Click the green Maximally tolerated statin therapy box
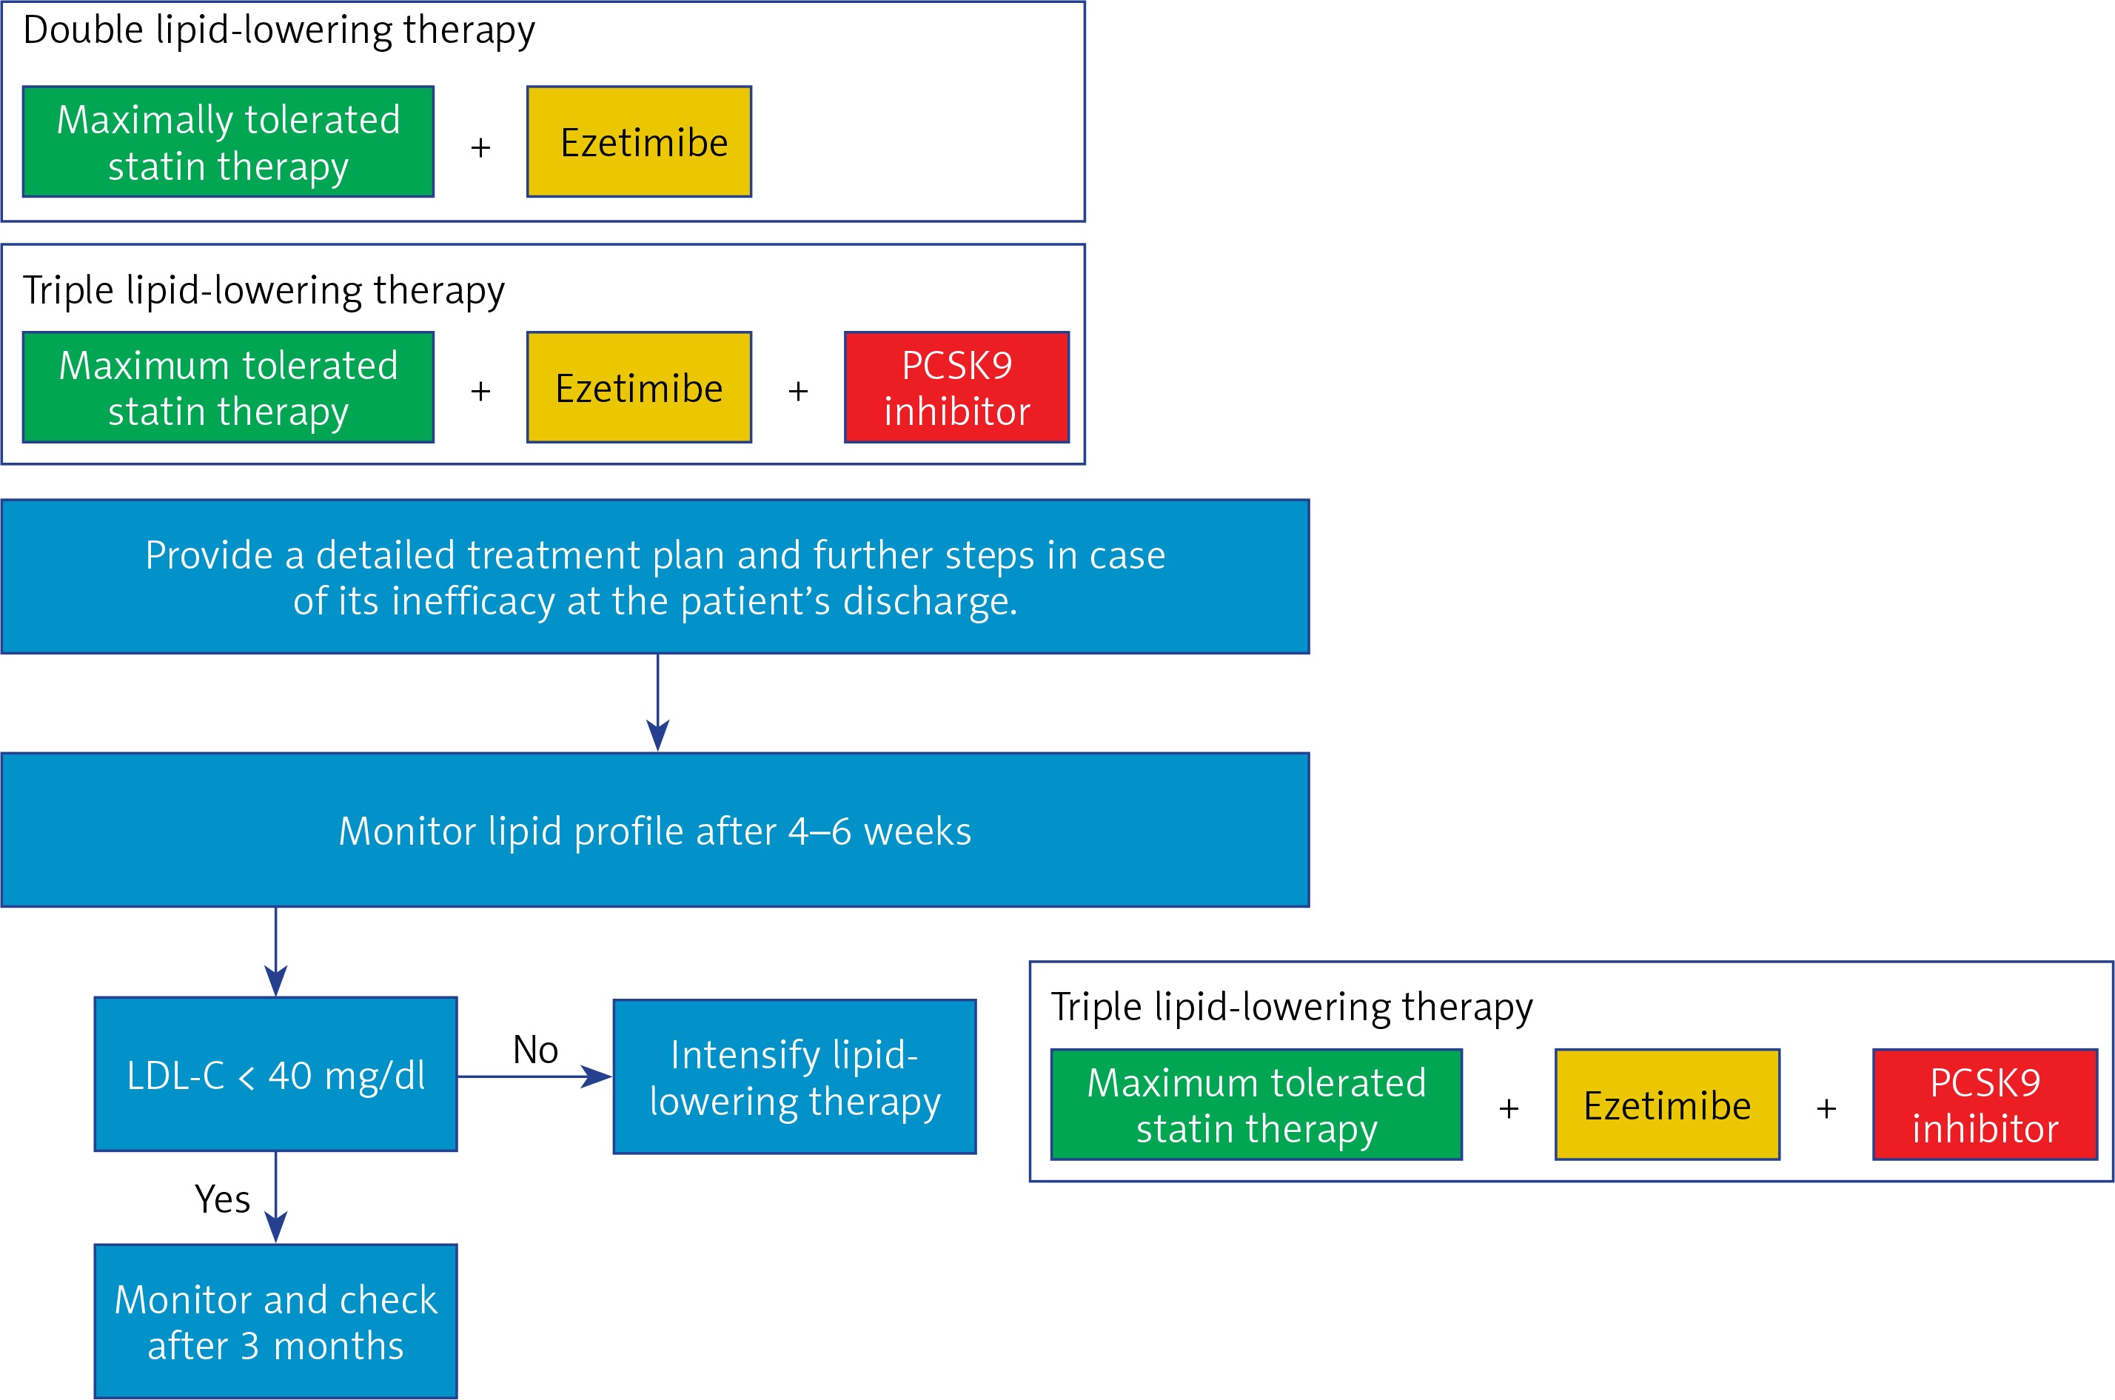point(229,142)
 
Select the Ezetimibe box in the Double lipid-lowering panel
point(639,142)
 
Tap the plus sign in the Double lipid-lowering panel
point(480,147)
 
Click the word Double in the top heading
point(83,30)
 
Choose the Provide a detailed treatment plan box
point(655,577)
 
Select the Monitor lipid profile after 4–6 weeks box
point(655,831)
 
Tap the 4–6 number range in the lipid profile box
point(819,831)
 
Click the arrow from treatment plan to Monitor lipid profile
point(658,703)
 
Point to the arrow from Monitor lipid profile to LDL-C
point(276,952)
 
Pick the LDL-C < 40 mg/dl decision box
point(276,1074)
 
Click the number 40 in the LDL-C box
point(290,1076)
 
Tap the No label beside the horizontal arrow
point(536,1050)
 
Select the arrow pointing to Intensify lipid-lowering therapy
point(534,1076)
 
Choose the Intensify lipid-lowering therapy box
point(794,1076)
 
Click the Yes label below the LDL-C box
point(222,1199)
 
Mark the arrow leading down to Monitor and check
point(276,1197)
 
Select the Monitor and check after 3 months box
point(276,1322)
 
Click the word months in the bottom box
point(338,1345)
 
